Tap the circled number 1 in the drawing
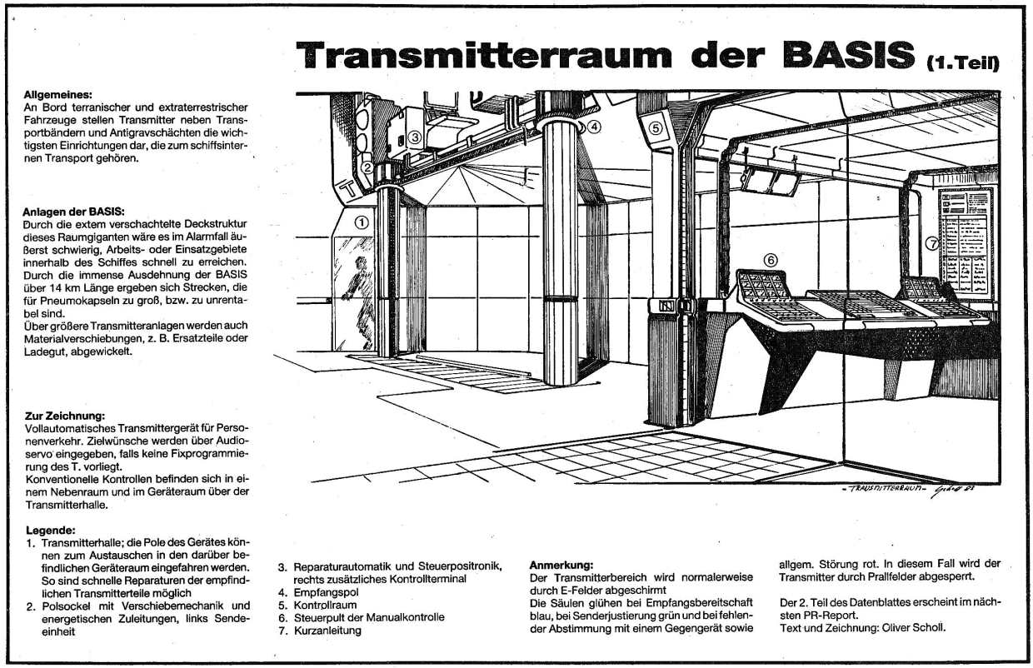click(361, 222)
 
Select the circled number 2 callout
click(367, 167)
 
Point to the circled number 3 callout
click(414, 138)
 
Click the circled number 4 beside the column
click(593, 127)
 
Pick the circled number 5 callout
click(655, 128)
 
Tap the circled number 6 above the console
click(771, 260)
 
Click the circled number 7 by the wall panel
click(932, 243)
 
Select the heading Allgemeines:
click(58, 95)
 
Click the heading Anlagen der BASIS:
click(74, 212)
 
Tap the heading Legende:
click(51, 530)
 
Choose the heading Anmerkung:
click(561, 564)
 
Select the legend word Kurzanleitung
click(327, 631)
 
